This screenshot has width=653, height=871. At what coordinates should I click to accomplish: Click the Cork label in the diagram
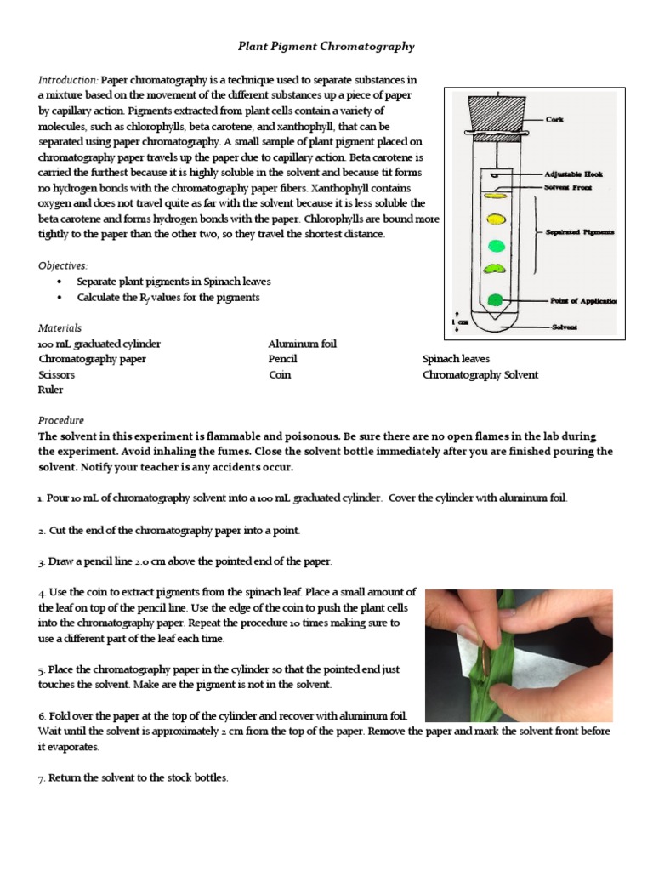click(554, 120)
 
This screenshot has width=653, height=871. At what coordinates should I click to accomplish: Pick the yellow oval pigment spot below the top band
click(494, 219)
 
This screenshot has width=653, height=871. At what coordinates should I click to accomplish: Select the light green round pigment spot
click(495, 246)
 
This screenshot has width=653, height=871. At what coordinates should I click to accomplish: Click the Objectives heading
click(63, 265)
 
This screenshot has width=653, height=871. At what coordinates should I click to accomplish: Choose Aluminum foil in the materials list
click(302, 344)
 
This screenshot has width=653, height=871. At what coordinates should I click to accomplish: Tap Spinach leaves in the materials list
click(456, 359)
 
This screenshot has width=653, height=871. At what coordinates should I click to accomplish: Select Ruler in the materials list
click(50, 390)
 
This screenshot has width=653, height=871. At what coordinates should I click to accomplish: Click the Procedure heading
click(61, 420)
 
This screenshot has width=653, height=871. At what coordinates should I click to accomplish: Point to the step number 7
click(41, 778)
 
